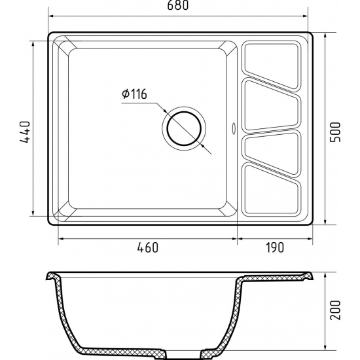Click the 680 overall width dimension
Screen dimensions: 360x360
pyautogui.click(x=177, y=5)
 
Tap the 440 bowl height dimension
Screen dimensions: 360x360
pyautogui.click(x=25, y=132)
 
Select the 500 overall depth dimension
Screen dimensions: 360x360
pyautogui.click(x=335, y=132)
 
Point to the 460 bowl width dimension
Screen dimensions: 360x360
pyautogui.click(x=148, y=247)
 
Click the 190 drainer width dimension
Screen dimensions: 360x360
pyautogui.click(x=275, y=247)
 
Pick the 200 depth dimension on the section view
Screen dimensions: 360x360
pyautogui.click(x=335, y=310)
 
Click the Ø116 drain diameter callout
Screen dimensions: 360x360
pyautogui.click(x=134, y=94)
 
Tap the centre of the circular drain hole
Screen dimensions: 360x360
pyautogui.click(x=184, y=128)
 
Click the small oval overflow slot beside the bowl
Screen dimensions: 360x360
pyautogui.click(x=234, y=128)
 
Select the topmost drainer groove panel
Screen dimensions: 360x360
pyautogui.click(x=271, y=65)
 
